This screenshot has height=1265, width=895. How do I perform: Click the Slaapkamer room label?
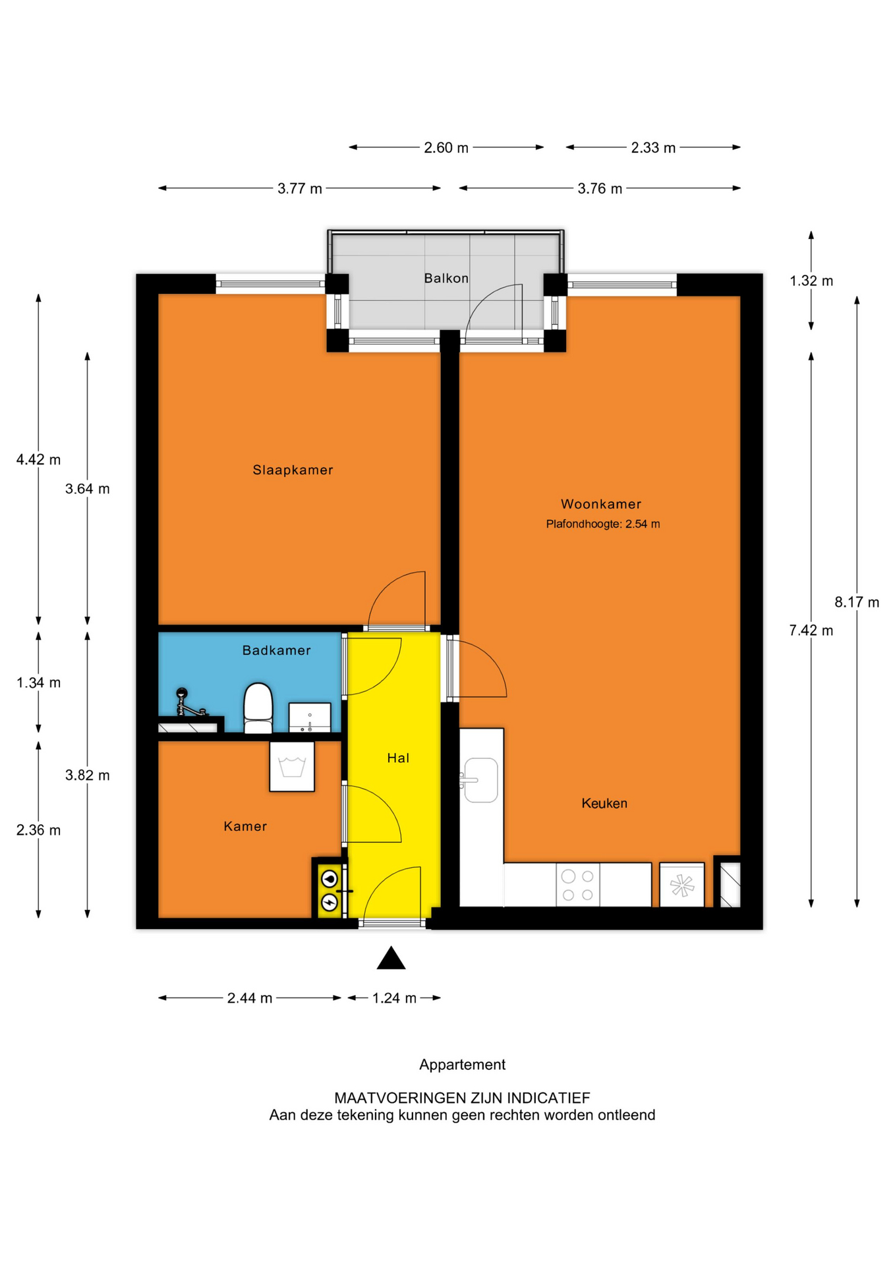click(293, 470)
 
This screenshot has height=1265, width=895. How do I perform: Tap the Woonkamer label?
click(601, 504)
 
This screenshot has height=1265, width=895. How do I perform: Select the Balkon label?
click(446, 278)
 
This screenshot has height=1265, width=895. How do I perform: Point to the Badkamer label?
click(276, 650)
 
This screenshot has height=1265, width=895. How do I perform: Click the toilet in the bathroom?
click(258, 708)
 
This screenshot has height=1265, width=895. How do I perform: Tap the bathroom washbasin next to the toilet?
click(310, 717)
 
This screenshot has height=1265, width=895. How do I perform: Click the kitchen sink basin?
click(481, 779)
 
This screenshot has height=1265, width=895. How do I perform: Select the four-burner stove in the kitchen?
click(578, 885)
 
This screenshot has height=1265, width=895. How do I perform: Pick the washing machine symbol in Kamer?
click(292, 767)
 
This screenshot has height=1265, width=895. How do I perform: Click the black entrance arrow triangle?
click(391, 959)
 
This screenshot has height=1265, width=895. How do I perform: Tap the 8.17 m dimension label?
click(857, 602)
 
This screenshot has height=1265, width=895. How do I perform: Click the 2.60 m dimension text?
click(446, 148)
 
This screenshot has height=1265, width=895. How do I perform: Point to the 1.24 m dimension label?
click(394, 998)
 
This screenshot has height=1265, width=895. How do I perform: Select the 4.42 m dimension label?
click(38, 459)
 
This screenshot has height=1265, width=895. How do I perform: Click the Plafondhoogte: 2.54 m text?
click(603, 524)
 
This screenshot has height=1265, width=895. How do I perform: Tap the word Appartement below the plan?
click(462, 1065)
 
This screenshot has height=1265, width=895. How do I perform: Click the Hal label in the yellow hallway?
click(398, 758)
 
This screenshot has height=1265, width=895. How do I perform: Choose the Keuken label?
click(604, 803)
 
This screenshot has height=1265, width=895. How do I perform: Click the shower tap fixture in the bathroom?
click(188, 703)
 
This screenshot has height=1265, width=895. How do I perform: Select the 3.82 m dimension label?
click(87, 775)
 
